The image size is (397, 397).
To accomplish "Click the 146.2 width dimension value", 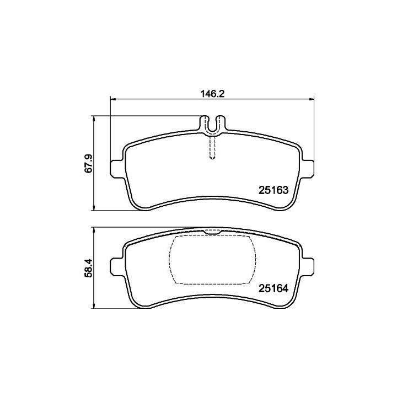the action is coord(212,94).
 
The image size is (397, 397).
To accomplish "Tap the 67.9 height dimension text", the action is coord(89,164).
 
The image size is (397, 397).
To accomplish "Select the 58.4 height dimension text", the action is coord(89,269).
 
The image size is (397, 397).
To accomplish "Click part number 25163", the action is coord(273,190).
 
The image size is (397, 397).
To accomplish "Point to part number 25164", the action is coord(273,288).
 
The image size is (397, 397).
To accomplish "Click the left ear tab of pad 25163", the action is coord(117,169).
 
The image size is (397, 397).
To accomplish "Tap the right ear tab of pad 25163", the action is coord(307,169).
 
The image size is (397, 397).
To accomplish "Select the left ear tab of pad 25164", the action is coord(117,267).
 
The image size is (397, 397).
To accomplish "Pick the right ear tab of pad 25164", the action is coord(307,267).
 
